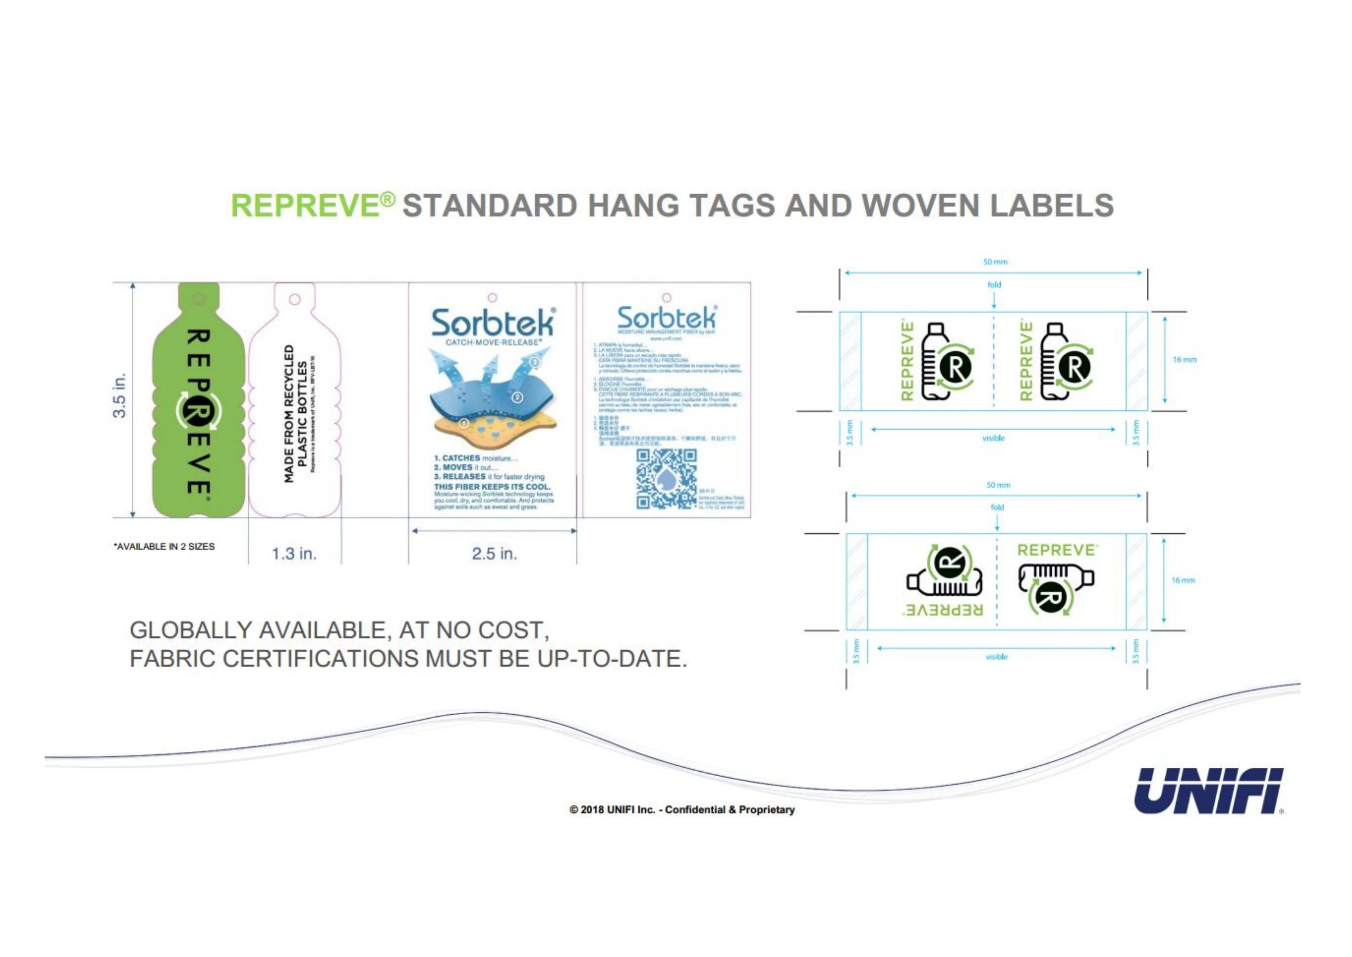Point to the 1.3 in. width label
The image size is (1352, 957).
pyautogui.click(x=294, y=554)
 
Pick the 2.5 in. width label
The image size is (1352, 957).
pyautogui.click(x=494, y=554)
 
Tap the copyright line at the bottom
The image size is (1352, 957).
pyautogui.click(x=682, y=809)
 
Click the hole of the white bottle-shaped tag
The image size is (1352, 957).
pyautogui.click(x=295, y=299)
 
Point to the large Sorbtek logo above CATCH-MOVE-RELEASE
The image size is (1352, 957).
pyautogui.click(x=493, y=323)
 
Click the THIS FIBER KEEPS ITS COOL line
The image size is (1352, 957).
pyautogui.click(x=492, y=487)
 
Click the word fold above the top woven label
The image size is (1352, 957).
pyautogui.click(x=994, y=285)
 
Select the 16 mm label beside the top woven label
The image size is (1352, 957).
pyautogui.click(x=1184, y=359)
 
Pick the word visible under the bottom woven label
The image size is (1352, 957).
pyautogui.click(x=996, y=656)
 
